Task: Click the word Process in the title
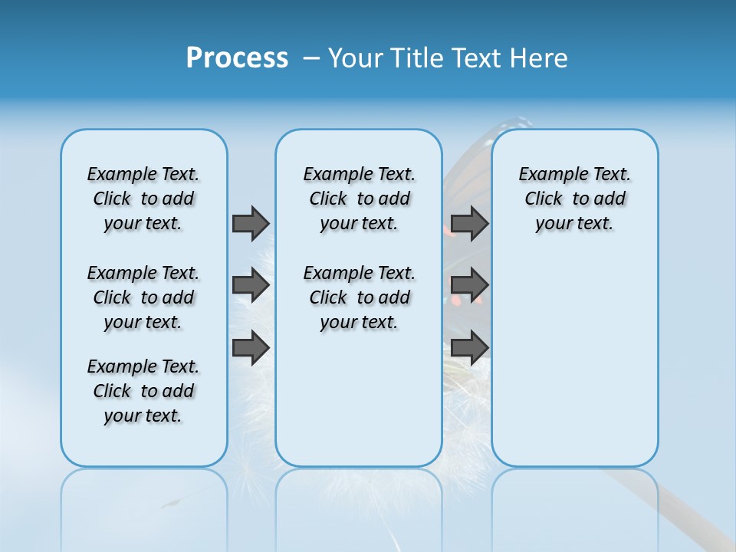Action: coord(237,58)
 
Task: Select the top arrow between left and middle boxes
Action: coord(251,223)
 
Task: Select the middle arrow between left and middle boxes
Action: coord(251,285)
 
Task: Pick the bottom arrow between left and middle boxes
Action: coord(251,347)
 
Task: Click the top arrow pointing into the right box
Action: coord(469,223)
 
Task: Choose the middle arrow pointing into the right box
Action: coord(469,285)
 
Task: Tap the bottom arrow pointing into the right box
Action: coord(469,347)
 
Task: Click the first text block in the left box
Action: coord(143,199)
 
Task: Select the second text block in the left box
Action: coord(143,297)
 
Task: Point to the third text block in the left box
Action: coord(143,391)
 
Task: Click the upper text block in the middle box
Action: coord(359,199)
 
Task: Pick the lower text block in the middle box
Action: coord(359,297)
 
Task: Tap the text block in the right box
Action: coord(574,199)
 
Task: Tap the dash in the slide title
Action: coord(311,58)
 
